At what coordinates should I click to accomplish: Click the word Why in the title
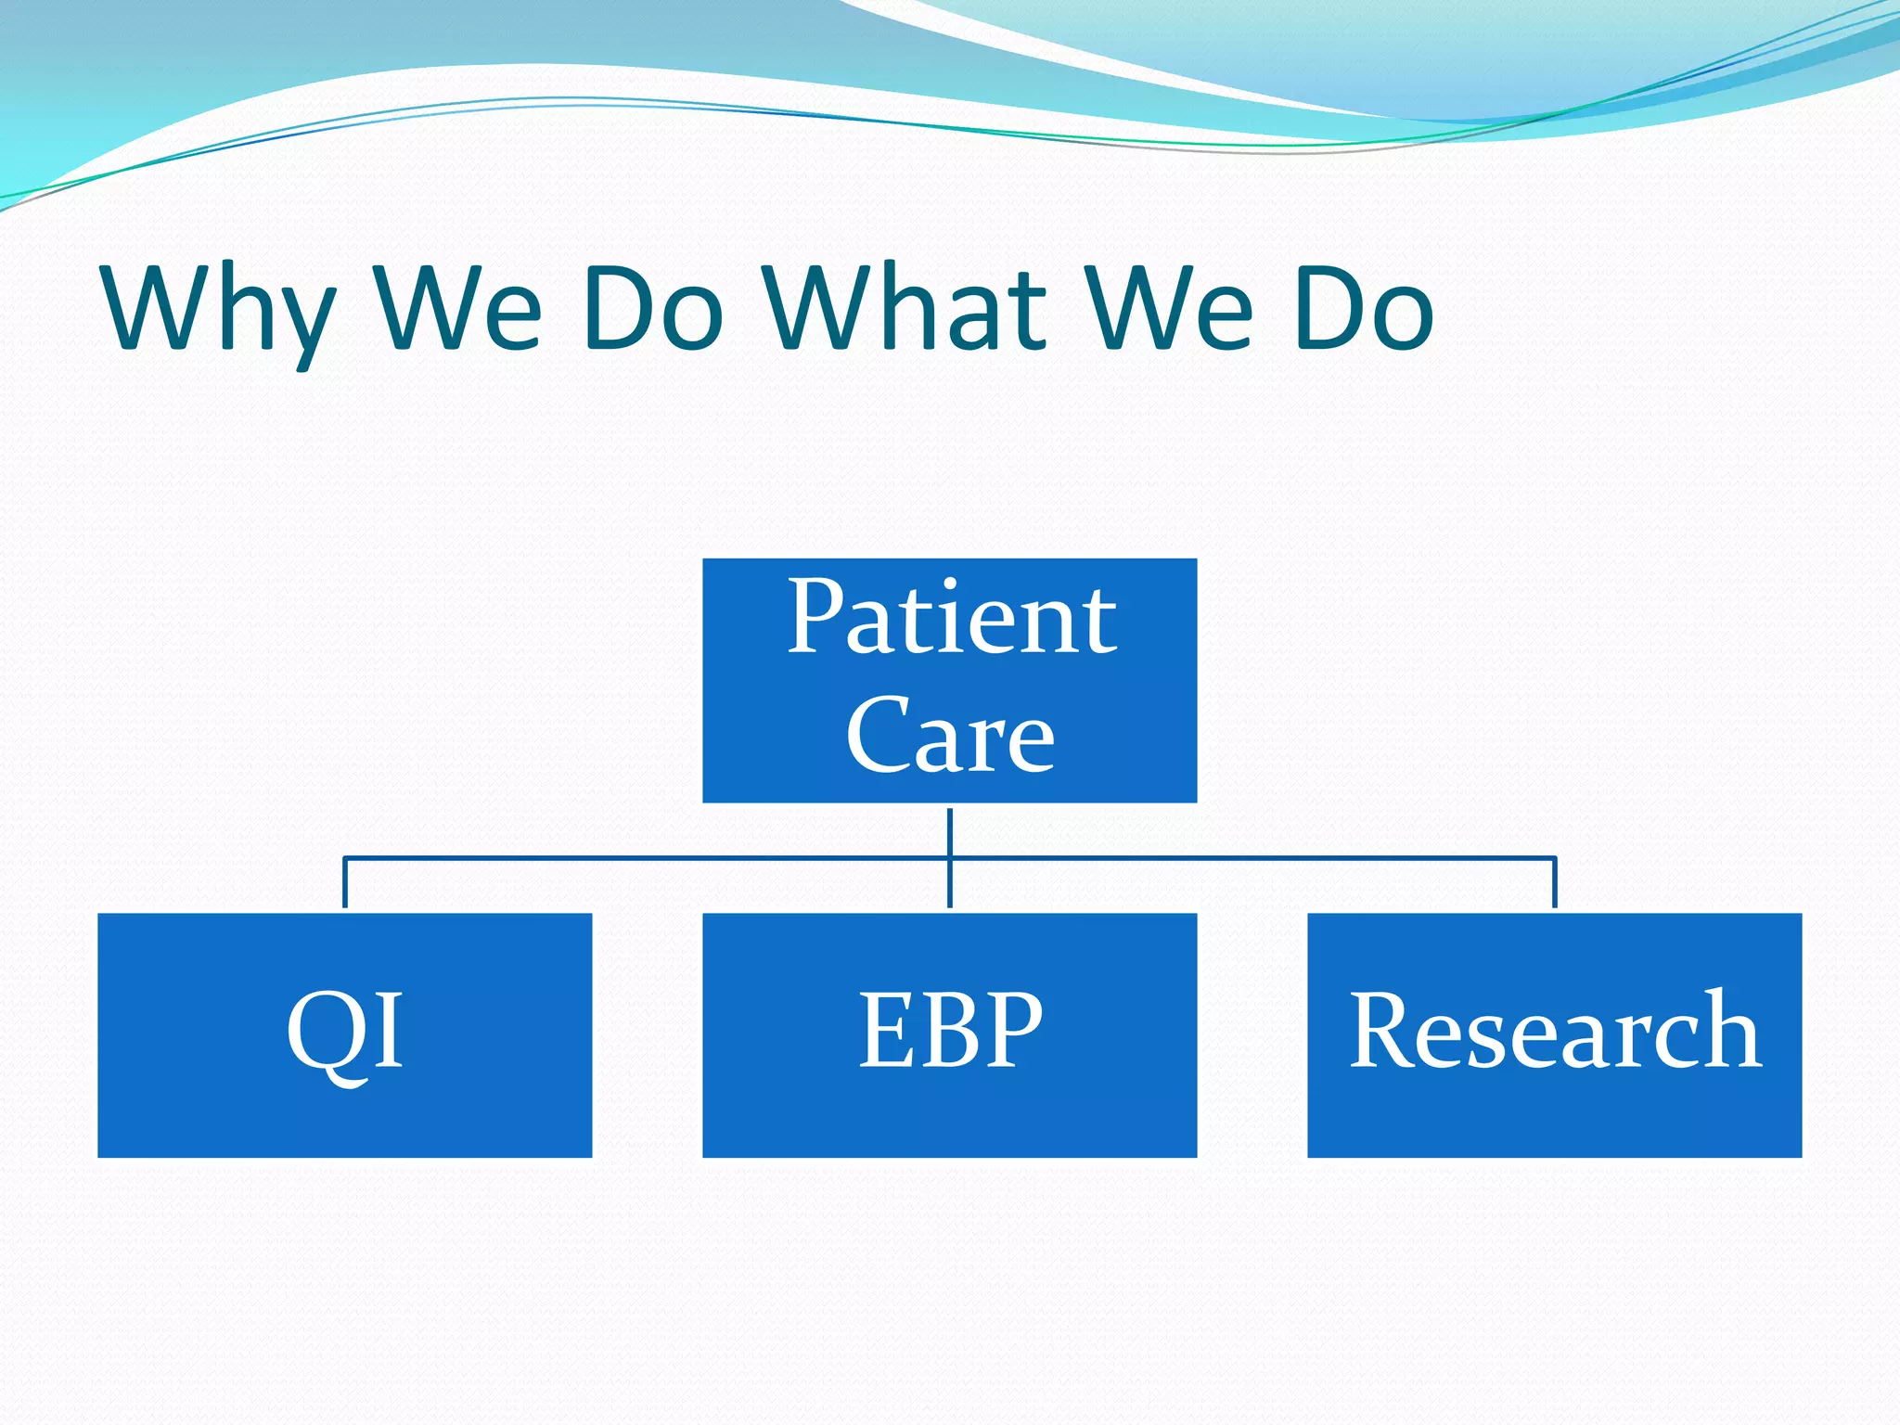click(x=218, y=311)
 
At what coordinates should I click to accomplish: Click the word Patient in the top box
click(x=952, y=617)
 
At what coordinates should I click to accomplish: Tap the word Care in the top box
click(x=950, y=735)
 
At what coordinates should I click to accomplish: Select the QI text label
click(x=345, y=1032)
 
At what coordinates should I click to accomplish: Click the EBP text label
click(x=950, y=1030)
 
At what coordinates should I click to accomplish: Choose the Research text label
click(x=1555, y=1030)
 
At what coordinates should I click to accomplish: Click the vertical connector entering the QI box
click(x=345, y=884)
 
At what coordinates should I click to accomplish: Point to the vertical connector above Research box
click(x=1555, y=884)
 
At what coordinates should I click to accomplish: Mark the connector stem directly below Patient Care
click(x=950, y=830)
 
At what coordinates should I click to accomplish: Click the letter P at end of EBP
click(x=1013, y=1030)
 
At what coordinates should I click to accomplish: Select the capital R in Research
click(x=1382, y=1030)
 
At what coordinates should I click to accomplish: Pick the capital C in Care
click(x=877, y=735)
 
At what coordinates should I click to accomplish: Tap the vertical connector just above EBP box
click(x=950, y=886)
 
